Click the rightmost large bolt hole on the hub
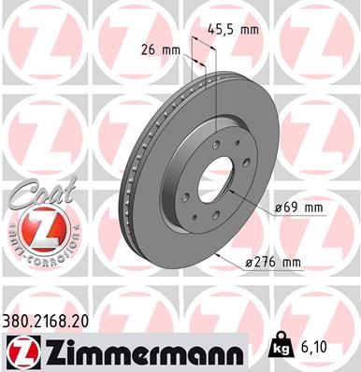pyautogui.click(x=246, y=183)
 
